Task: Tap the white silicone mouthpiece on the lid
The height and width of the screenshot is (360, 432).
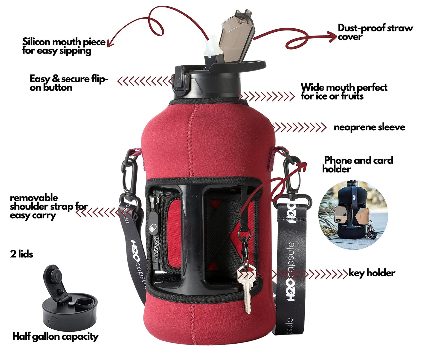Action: (x=210, y=46)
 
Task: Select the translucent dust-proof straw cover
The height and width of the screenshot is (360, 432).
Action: (x=236, y=36)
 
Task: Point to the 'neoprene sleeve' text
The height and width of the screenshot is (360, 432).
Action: (x=370, y=127)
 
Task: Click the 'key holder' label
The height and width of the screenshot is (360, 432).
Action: (x=372, y=273)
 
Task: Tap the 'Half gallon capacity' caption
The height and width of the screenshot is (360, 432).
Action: (x=55, y=337)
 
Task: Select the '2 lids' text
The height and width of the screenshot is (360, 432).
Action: (x=22, y=254)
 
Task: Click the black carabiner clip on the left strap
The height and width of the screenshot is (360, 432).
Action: (x=130, y=176)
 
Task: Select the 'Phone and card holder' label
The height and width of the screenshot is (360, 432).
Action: (x=358, y=165)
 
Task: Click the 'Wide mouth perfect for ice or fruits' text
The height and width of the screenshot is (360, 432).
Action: (x=344, y=92)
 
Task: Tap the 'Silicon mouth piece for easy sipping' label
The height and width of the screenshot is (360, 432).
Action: (x=64, y=46)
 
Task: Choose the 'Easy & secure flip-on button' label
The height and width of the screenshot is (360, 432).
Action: (x=69, y=83)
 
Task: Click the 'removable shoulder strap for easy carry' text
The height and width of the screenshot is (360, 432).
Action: (x=49, y=207)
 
